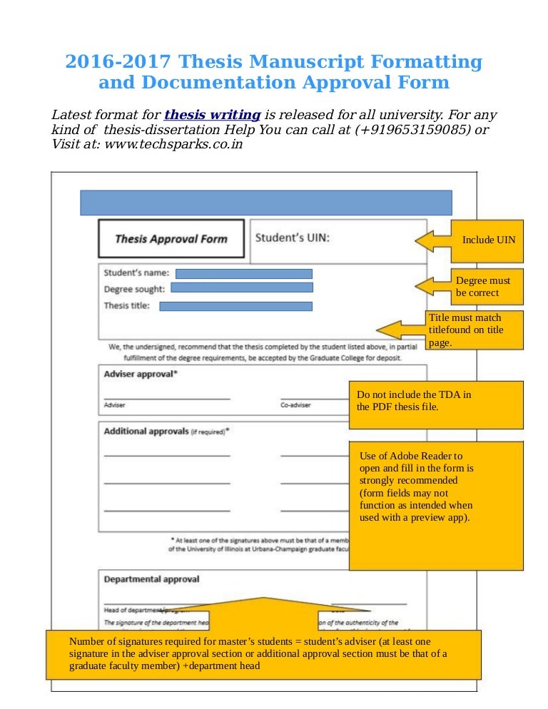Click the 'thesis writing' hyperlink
click(x=212, y=115)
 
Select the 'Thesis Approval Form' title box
click(x=171, y=239)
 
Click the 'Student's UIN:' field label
click(x=293, y=238)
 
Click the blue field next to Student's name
click(x=244, y=273)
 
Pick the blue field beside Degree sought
click(x=242, y=288)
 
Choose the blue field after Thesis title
click(x=235, y=306)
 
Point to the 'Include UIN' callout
click(x=488, y=240)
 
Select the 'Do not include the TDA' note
click(x=435, y=404)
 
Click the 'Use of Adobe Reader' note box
click(x=435, y=505)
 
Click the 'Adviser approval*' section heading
click(x=141, y=374)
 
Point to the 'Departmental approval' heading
click(x=152, y=579)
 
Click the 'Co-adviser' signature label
click(x=295, y=405)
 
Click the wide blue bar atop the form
click(x=265, y=203)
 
